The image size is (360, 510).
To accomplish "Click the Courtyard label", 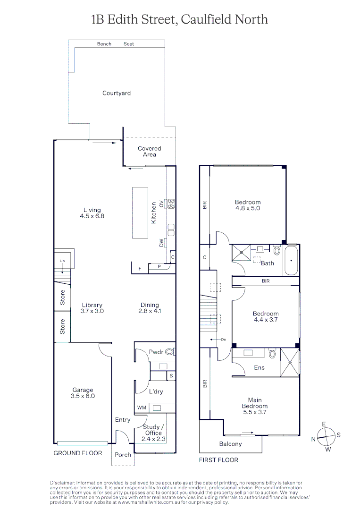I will (117, 93).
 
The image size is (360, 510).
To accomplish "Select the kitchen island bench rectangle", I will (140, 213).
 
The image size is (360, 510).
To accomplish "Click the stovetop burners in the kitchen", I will (171, 204).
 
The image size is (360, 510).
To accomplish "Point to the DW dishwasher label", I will (161, 243).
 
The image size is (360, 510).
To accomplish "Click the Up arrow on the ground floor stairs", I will (62, 267).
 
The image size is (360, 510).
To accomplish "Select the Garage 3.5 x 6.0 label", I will (83, 393).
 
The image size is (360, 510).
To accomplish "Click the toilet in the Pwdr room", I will (169, 351).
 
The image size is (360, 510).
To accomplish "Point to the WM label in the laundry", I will (141, 407).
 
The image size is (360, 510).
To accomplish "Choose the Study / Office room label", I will (153, 433).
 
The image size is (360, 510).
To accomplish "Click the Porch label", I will (123, 455).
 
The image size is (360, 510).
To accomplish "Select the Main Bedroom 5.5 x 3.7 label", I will (255, 406).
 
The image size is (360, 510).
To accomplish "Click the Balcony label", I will (230, 444).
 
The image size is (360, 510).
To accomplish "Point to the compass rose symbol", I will (326, 436).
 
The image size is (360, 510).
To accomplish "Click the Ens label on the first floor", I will (259, 367).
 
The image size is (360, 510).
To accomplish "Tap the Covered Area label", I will (149, 151).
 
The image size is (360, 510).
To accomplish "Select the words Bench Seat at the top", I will (116, 44).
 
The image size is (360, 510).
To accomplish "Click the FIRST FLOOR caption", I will (218, 459).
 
